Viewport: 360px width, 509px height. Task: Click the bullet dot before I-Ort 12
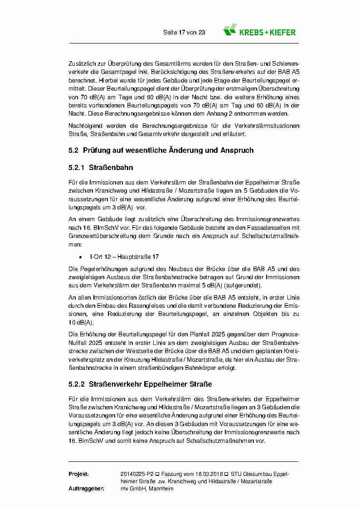80,257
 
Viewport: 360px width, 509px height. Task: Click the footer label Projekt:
78,474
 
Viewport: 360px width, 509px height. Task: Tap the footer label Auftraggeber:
87,489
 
